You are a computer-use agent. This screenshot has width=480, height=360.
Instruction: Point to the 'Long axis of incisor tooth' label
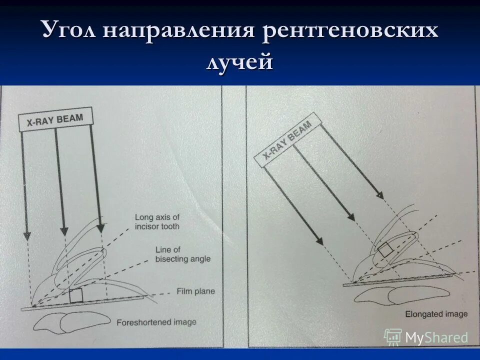157,221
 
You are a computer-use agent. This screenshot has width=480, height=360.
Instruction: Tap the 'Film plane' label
195,291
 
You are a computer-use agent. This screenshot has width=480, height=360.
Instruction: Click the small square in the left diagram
76,295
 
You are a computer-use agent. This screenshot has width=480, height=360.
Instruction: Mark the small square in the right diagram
384,249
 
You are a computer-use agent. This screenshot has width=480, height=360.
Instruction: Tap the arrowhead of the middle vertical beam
63,230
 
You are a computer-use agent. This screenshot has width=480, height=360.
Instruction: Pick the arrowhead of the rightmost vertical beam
100,227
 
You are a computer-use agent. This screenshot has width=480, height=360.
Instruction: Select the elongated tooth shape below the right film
394,295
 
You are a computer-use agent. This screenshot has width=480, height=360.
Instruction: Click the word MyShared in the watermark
436,338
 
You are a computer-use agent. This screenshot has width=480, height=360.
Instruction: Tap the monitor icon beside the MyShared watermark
393,337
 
